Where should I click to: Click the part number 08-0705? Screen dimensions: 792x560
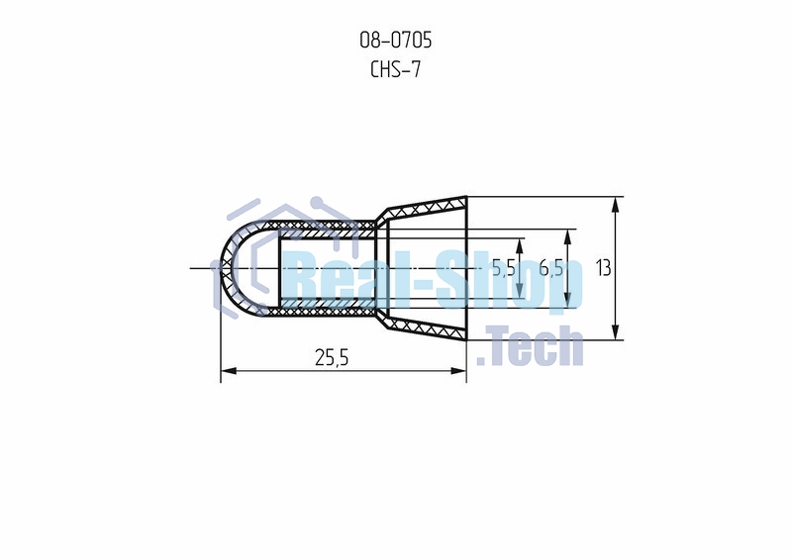pos(395,40)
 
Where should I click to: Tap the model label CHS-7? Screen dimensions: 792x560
pos(395,69)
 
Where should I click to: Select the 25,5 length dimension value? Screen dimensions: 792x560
pos(332,357)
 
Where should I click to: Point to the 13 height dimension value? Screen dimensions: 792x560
pos(603,267)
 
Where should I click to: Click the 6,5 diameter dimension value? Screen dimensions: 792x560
pos(551,267)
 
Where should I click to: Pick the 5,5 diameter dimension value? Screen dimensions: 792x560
pos(504,267)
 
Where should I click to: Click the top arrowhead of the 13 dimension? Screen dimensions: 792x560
pos(615,206)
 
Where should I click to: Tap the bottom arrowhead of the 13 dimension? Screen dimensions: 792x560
pos(615,331)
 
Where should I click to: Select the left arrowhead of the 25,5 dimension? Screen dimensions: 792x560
pos(229,371)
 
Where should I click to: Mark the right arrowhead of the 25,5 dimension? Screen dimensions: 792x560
pos(458,371)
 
